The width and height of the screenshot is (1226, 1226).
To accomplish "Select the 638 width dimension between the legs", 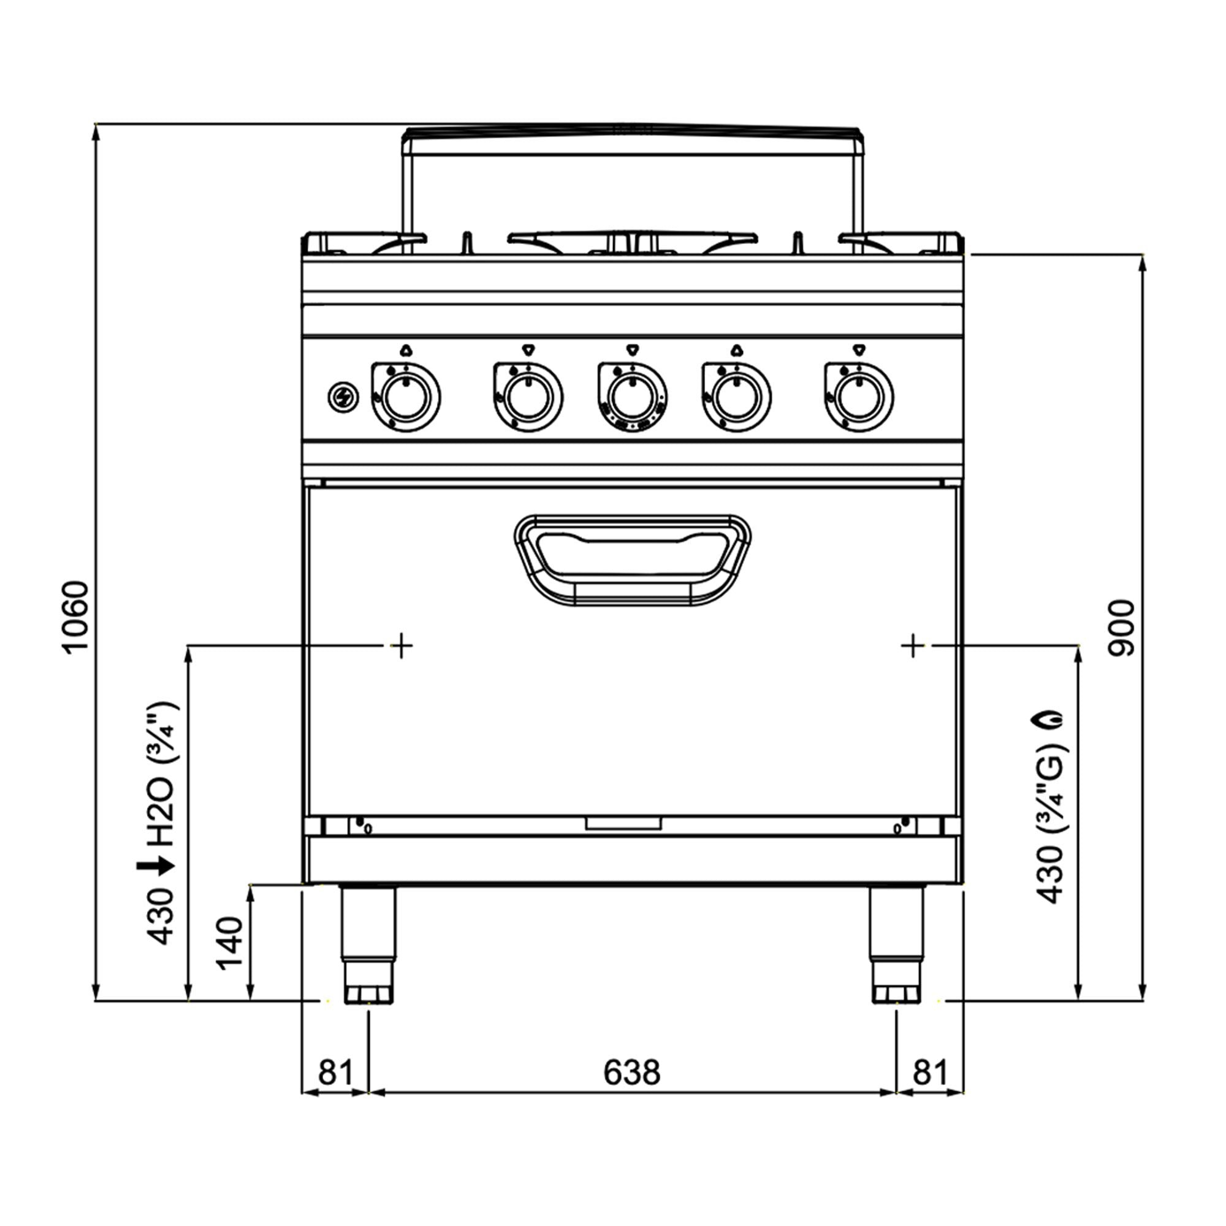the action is tap(631, 1072).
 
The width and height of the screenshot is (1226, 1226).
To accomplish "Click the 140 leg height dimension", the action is tap(230, 943).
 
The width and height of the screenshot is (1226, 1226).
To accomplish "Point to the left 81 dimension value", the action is tap(335, 1072).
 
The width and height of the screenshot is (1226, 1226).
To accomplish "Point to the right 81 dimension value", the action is tap(930, 1072).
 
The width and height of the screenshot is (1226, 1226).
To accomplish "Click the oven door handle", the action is tap(633, 560).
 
